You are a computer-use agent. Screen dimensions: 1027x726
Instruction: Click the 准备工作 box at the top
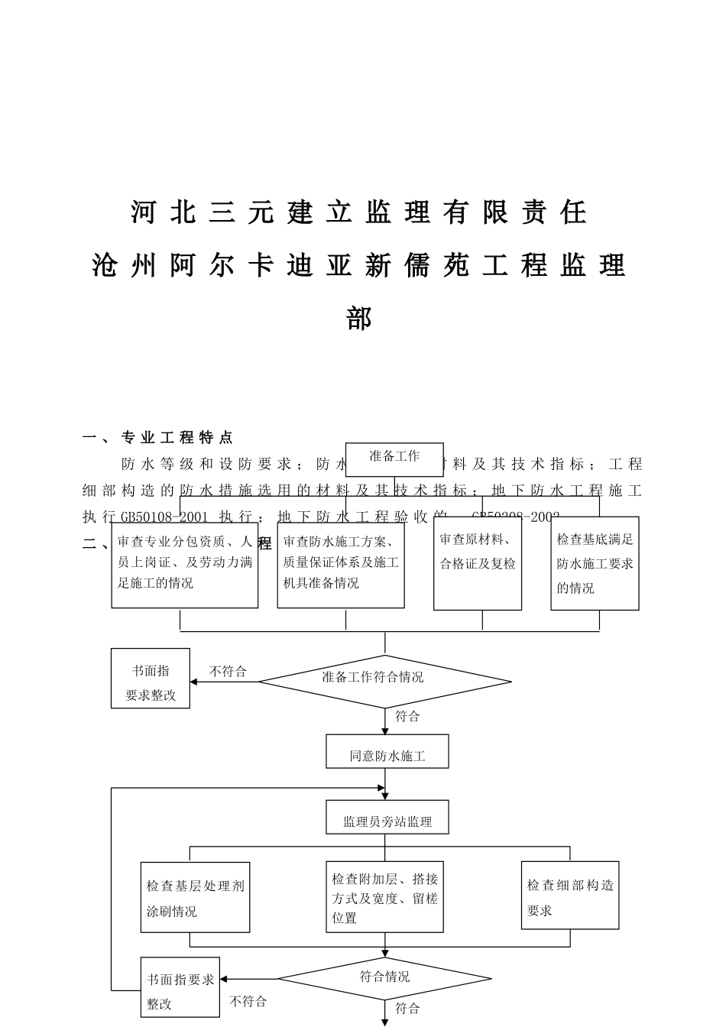pos(394,456)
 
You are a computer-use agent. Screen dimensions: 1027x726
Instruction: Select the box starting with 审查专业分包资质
pos(184,564)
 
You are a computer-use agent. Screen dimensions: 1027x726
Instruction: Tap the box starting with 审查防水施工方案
pos(341,564)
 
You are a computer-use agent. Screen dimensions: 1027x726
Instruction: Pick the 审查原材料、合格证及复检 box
pos(478,563)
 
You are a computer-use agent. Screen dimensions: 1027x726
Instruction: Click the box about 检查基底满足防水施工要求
pos(595,563)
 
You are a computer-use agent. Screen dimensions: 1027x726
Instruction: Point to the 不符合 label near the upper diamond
pos(228,671)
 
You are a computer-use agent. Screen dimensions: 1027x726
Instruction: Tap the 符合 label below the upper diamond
pos(407,716)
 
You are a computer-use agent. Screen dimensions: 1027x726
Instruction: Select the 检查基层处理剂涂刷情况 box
pos(195,897)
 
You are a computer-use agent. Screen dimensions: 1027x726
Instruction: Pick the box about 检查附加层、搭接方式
pos(384,897)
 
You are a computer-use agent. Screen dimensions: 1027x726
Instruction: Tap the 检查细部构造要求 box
pos(570,896)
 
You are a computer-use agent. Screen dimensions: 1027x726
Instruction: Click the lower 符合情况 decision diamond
pos(384,978)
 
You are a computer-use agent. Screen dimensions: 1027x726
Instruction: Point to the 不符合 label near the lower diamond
pos(248,1001)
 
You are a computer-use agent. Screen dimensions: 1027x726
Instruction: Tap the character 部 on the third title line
pos(358,317)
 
